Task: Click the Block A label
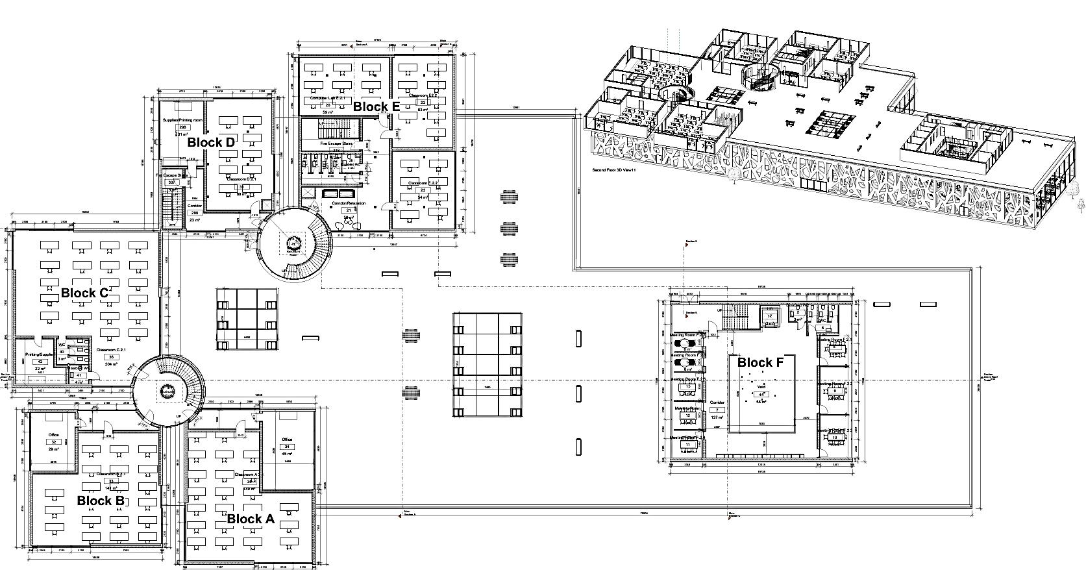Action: tap(251, 519)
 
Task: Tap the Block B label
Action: tap(101, 501)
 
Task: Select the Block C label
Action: tap(84, 293)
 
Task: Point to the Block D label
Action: tap(211, 142)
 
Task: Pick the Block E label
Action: tap(376, 107)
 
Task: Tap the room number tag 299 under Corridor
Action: tap(194, 213)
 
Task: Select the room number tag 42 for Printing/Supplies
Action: tap(40, 362)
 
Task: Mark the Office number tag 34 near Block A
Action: tap(287, 447)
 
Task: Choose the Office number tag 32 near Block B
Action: tap(54, 442)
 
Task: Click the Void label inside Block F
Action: tap(761, 388)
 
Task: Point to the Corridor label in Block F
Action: tap(717, 403)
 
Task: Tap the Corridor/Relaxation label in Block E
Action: tap(349, 203)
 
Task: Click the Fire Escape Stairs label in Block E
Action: tap(336, 142)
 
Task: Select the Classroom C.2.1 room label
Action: tap(111, 350)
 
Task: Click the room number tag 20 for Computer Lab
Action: tap(327, 105)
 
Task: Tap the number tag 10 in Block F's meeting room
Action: tap(835, 438)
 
